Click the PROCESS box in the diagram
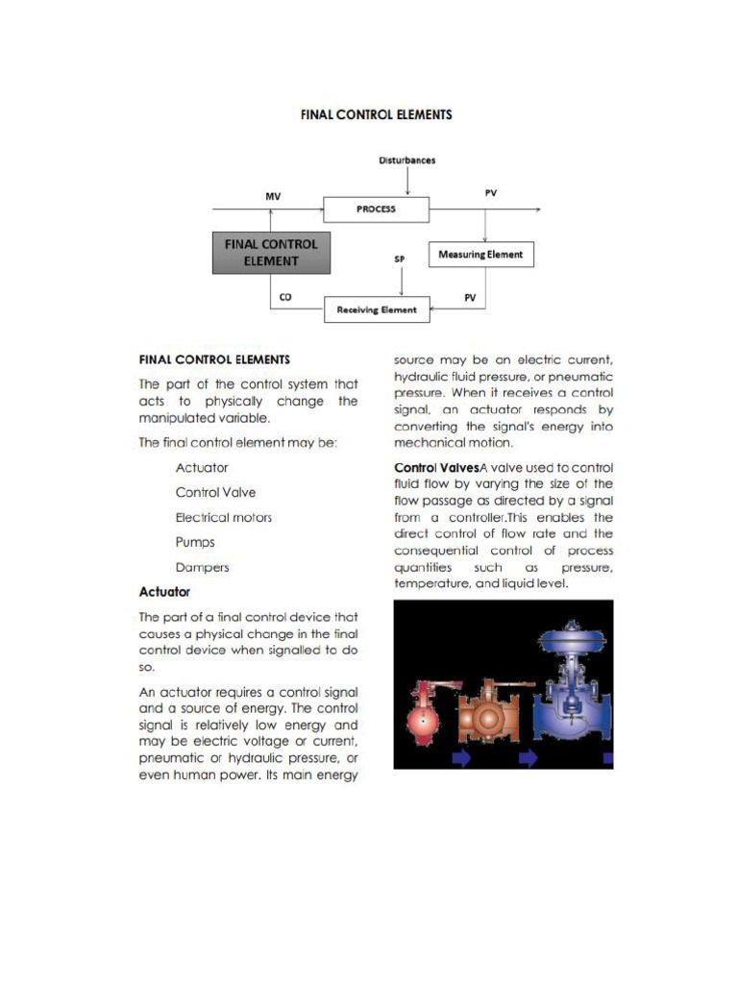coord(376,209)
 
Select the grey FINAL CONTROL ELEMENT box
coord(271,252)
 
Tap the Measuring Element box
coord(480,255)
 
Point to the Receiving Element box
coord(376,309)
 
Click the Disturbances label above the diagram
coord(406,160)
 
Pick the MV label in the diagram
coord(273,196)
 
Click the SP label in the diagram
coord(400,259)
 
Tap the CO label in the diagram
coord(284,298)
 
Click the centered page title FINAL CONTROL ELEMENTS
coord(376,114)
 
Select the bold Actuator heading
coord(164,592)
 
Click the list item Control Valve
coord(215,492)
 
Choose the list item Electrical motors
coord(223,517)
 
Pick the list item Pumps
coord(195,542)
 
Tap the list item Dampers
coord(202,567)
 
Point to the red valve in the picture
coord(424,711)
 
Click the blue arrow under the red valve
coord(462,759)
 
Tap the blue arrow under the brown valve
coord(529,759)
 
